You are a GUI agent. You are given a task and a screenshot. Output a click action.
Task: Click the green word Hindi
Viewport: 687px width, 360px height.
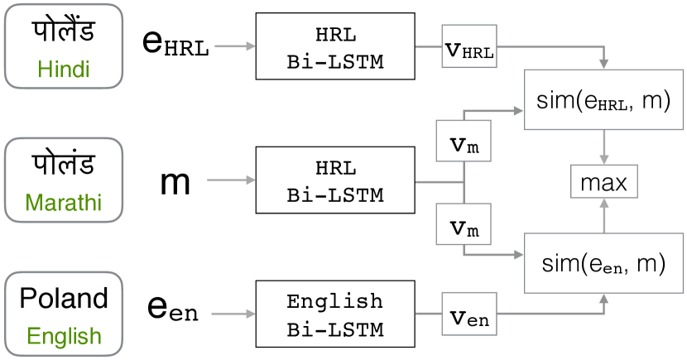click(64, 70)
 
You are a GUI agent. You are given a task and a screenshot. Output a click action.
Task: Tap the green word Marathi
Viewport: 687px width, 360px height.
click(64, 202)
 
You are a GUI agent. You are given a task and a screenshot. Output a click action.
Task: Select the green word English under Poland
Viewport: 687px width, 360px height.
click(64, 337)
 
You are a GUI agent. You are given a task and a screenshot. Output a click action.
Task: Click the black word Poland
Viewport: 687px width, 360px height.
click(64, 300)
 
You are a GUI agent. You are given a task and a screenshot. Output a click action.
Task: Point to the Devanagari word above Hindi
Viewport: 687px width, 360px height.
click(64, 31)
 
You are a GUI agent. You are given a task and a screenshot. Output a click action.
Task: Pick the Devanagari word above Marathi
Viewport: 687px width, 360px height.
click(64, 165)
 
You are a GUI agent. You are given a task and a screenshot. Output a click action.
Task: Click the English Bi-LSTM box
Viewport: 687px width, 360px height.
click(335, 314)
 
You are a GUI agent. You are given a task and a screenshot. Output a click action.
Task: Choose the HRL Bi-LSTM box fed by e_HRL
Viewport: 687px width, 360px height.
click(335, 46)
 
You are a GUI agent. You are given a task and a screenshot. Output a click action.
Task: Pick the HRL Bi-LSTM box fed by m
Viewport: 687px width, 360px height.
click(335, 181)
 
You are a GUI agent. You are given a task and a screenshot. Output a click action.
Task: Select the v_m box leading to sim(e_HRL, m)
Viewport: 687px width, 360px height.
click(463, 144)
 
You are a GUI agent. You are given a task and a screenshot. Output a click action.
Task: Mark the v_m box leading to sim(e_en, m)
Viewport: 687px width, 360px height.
click(463, 227)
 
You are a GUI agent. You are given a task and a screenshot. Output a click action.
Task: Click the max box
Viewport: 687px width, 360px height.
click(604, 182)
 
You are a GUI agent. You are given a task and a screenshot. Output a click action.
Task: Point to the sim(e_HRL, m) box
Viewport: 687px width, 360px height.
click(603, 100)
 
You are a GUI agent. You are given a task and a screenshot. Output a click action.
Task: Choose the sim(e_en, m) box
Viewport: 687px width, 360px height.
click(603, 263)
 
